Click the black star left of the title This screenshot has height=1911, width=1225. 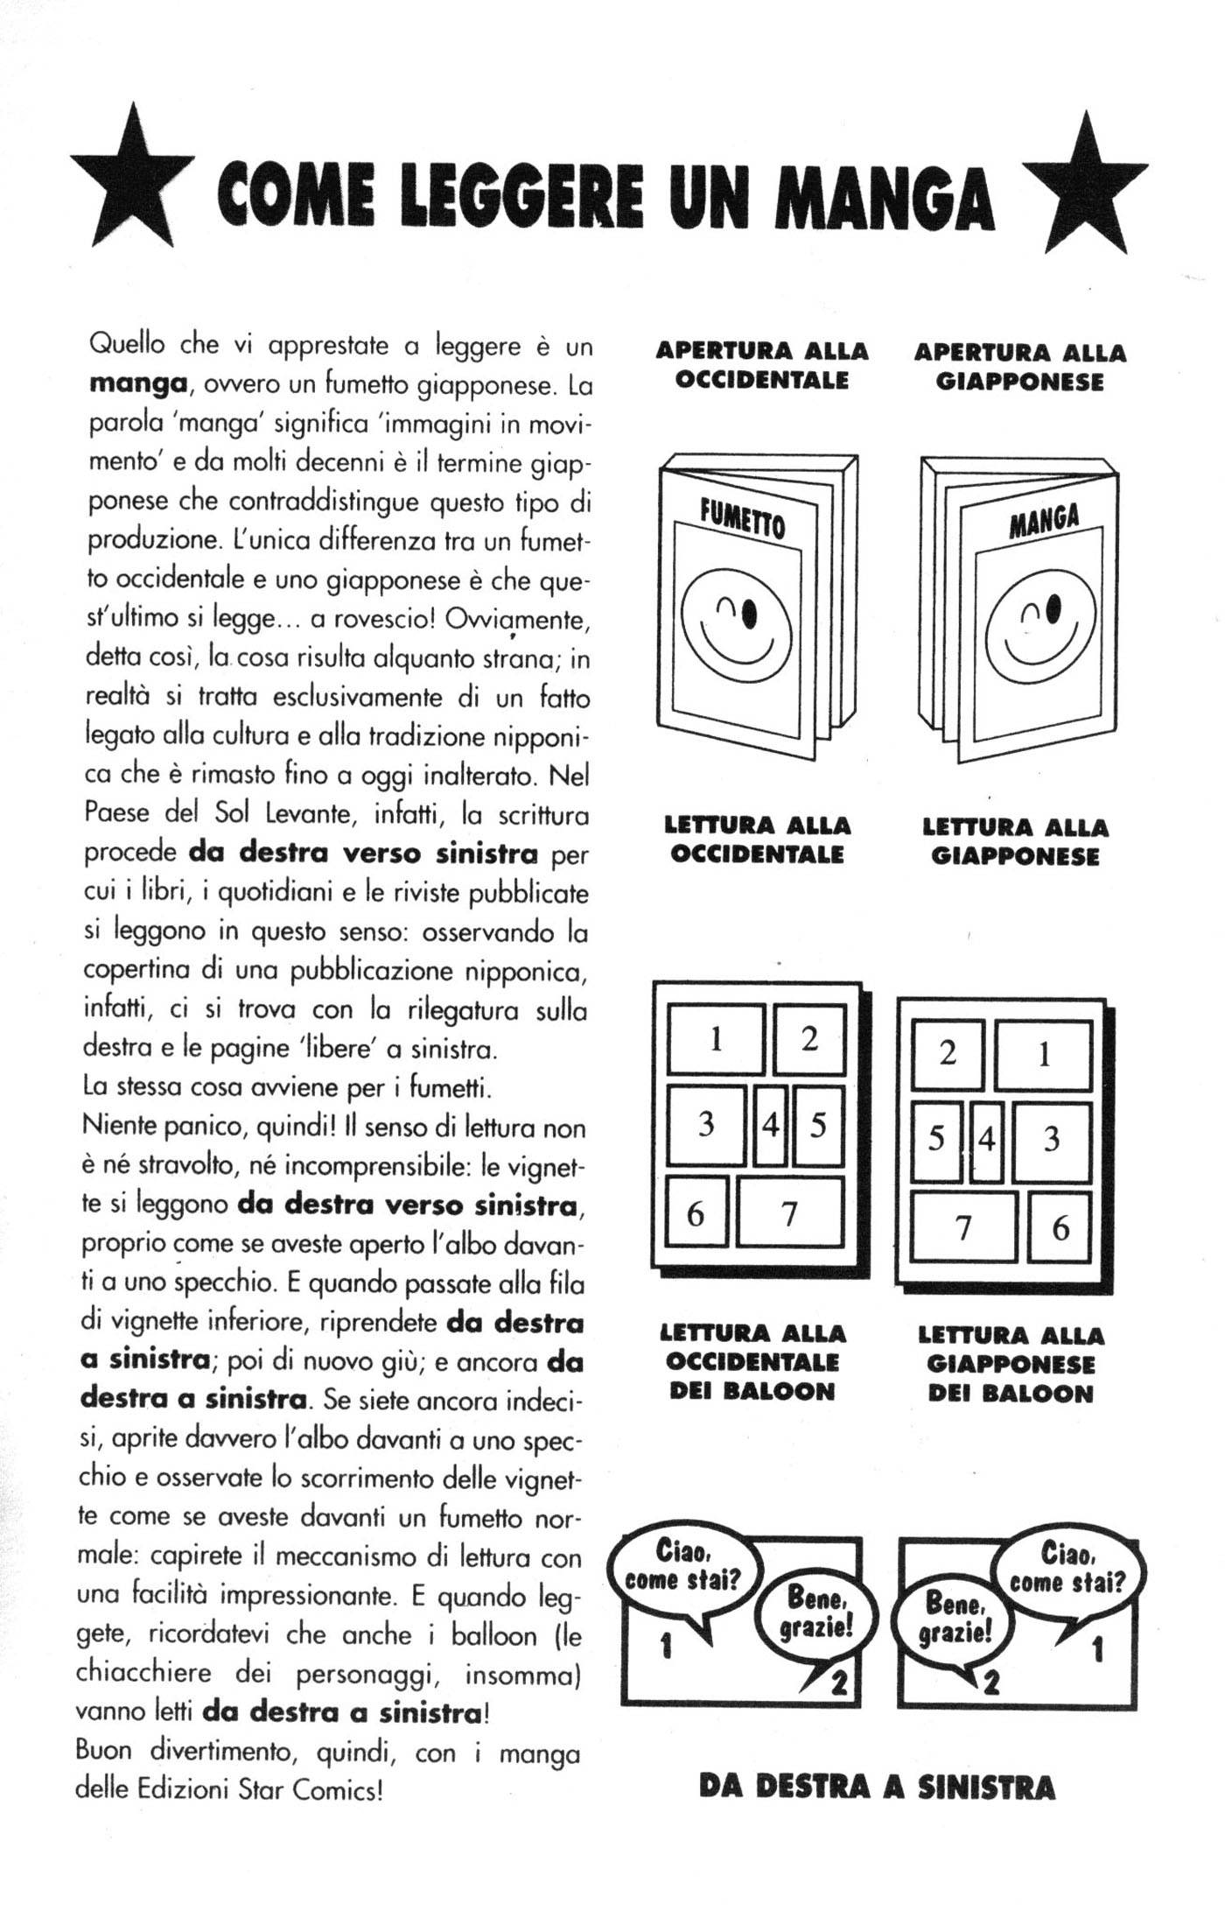(x=132, y=182)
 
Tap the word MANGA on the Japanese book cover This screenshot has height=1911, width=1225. (x=1043, y=521)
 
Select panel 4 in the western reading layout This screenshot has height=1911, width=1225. (x=770, y=1124)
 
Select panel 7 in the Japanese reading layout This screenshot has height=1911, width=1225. (x=962, y=1229)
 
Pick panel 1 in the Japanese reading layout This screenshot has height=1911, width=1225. (x=1043, y=1055)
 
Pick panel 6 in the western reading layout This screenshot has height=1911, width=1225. (x=696, y=1214)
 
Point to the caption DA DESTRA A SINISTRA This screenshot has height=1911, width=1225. (x=877, y=1787)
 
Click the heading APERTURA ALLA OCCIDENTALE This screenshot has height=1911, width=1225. (x=761, y=365)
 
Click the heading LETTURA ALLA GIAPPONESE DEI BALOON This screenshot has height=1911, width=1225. (x=1011, y=1364)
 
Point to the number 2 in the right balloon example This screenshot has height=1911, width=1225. (x=990, y=1682)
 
